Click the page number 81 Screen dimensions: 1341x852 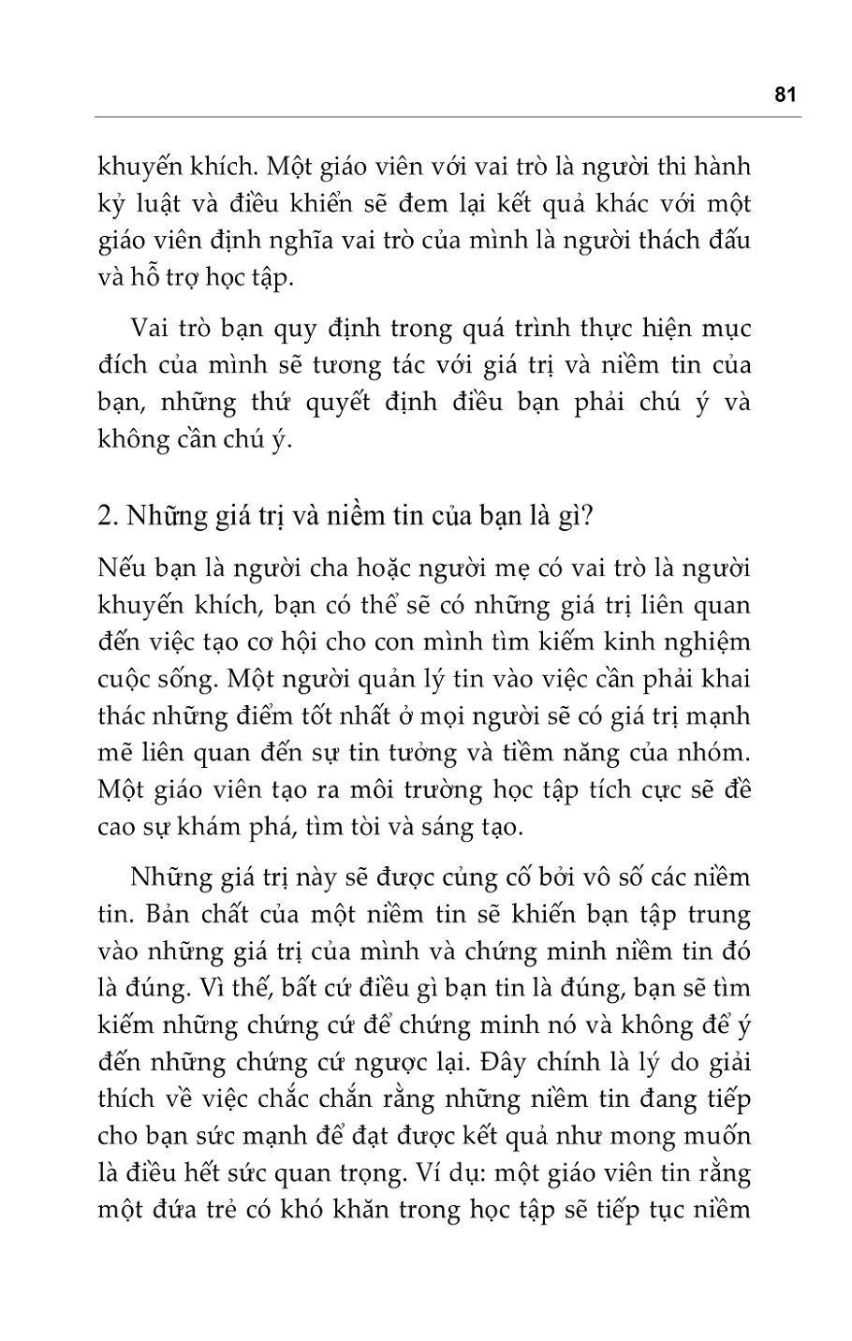point(785,95)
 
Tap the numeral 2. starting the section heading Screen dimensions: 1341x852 point(106,516)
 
